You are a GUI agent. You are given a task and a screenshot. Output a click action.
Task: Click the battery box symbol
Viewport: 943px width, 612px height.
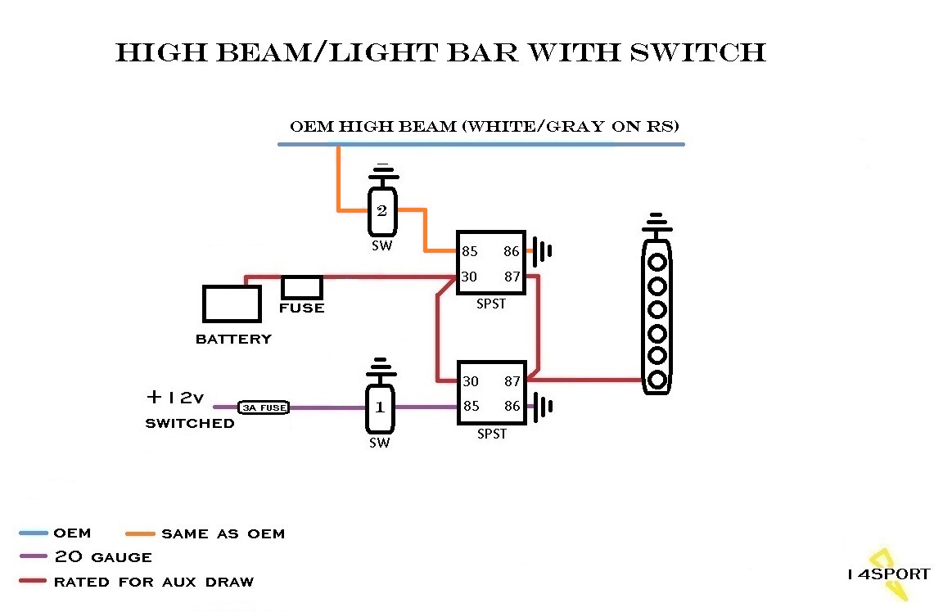(x=232, y=304)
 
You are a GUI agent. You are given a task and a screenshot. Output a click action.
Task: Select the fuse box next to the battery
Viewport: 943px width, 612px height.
(x=301, y=287)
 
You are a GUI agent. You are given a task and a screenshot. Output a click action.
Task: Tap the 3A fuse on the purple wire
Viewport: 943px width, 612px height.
(x=263, y=407)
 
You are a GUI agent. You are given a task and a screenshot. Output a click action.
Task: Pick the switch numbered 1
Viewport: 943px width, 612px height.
(x=379, y=407)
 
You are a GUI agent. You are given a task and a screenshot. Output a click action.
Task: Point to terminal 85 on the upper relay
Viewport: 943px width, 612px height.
(x=469, y=252)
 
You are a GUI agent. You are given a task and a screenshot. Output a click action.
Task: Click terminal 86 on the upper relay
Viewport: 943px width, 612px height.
(x=512, y=252)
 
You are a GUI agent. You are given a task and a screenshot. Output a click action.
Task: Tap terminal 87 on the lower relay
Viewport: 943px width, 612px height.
(x=512, y=380)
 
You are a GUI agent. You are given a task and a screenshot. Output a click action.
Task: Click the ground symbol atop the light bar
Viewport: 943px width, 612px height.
(x=656, y=223)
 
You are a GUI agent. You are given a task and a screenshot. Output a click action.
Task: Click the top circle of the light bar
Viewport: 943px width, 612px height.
(x=656, y=263)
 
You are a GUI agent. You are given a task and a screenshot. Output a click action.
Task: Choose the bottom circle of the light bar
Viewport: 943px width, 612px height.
(x=656, y=380)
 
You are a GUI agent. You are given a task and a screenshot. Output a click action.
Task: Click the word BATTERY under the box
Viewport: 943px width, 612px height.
(x=233, y=339)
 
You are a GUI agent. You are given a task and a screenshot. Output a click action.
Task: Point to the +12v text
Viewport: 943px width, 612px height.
(x=174, y=398)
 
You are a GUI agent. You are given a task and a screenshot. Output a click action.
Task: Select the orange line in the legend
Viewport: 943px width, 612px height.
(x=140, y=533)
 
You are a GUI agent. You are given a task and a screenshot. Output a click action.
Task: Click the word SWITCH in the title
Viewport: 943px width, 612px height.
(x=698, y=52)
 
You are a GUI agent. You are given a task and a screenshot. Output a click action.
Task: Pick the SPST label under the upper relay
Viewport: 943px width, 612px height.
(x=491, y=304)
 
